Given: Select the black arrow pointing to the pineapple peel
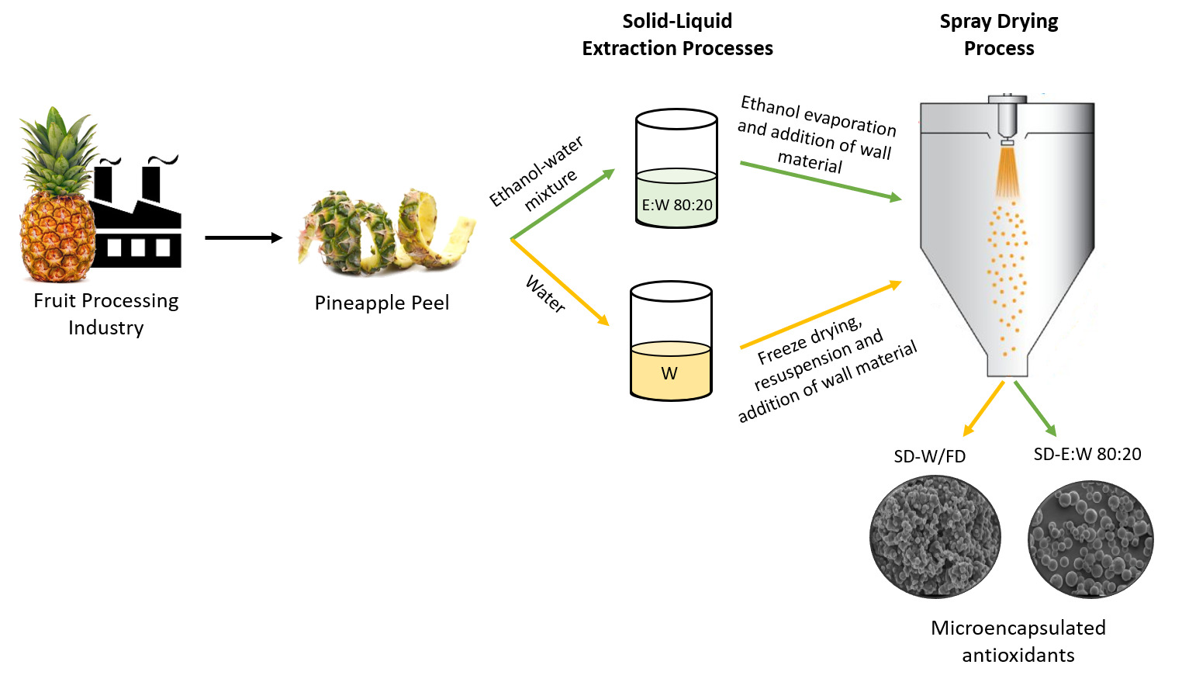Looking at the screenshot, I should coord(244,237).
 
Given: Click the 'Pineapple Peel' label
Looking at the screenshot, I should coord(382,303).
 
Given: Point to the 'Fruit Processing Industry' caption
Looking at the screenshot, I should coord(106,313).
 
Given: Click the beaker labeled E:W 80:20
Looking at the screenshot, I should coord(676,168).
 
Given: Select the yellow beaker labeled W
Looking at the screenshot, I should coord(671,341).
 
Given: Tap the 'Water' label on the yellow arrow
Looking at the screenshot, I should coord(545,294).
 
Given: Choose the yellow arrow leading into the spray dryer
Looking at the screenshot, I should coord(821,314).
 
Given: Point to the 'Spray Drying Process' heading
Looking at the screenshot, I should coord(999,35).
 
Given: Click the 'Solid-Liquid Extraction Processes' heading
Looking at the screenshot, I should coord(677,35).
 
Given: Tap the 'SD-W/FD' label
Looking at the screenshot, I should coord(929,456).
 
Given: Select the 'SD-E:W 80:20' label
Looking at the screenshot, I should coord(1087,454).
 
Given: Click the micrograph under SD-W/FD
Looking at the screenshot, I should coord(935,537).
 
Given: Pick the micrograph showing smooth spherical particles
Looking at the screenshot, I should coord(1090,538).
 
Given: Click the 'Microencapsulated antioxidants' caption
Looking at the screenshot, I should coord(1018,641).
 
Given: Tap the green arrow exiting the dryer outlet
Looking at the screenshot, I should coord(1035,408).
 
